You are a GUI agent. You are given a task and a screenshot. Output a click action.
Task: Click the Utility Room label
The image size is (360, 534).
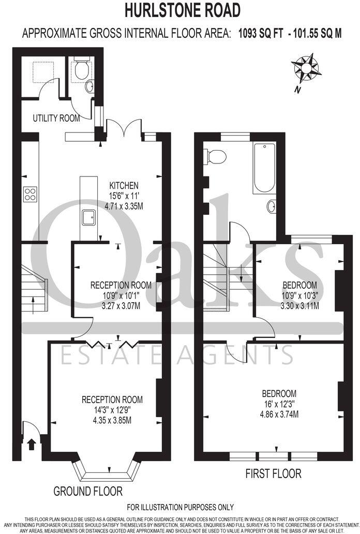pos(56,118)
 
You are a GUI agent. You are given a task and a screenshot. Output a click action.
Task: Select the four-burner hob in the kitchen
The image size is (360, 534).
pos(30,194)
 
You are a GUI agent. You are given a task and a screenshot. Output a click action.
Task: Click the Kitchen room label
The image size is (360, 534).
pos(124,185)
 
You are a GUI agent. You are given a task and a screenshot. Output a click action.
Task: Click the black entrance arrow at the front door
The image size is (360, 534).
pos(32,443)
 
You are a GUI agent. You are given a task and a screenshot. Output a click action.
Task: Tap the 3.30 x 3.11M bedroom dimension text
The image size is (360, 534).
pos(299,305)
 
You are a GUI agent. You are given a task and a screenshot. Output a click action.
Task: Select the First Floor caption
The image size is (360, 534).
pos(273,473)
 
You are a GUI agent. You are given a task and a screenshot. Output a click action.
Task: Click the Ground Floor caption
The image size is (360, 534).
pos(88,491)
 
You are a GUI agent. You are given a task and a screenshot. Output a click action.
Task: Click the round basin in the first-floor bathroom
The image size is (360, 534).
pos(272,207)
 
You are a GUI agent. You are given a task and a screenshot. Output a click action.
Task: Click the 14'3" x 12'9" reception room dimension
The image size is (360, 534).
pos(112,410)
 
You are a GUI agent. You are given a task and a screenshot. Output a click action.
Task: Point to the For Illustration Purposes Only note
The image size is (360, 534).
pos(180,507)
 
